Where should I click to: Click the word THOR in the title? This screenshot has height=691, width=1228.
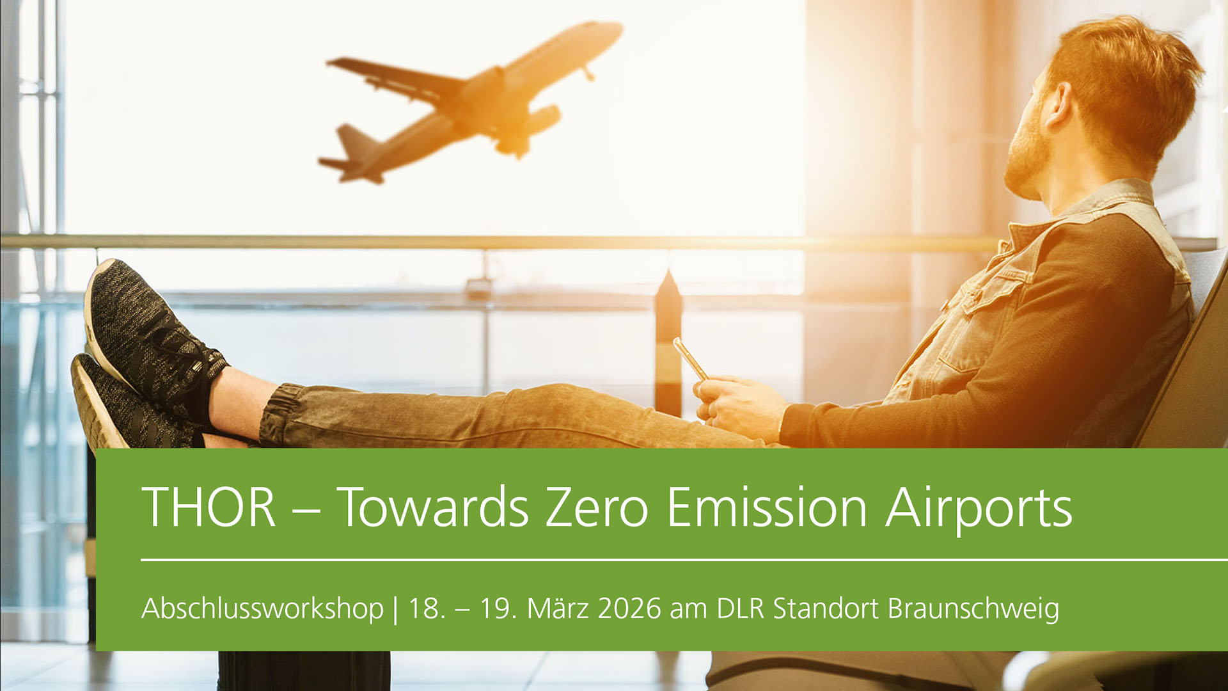coord(209,507)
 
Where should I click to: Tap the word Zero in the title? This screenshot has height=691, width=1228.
coord(597,507)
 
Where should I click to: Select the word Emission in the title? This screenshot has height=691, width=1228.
coord(767,507)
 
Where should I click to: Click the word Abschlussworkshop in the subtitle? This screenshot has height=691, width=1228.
coord(262,608)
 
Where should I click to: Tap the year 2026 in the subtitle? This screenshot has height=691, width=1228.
coord(629,608)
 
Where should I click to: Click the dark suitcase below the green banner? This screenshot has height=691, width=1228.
coord(304,671)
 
